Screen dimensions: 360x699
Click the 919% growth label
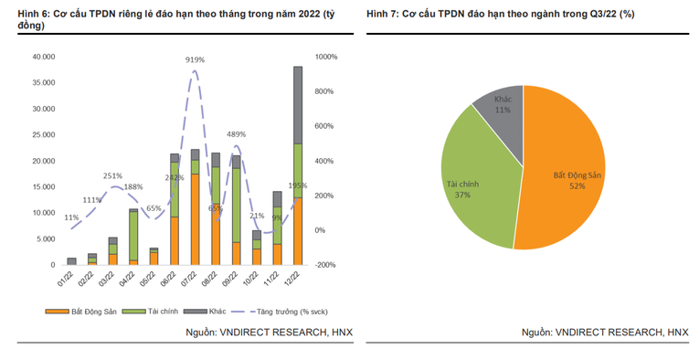click(x=195, y=60)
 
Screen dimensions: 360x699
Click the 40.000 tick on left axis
click(x=44, y=57)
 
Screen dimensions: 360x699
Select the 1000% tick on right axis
click(x=326, y=57)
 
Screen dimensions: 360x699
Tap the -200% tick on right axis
click(x=326, y=265)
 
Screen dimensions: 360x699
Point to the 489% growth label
click(x=236, y=134)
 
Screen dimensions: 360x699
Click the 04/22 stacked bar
click(x=133, y=237)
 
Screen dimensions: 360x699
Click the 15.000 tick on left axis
click(x=44, y=186)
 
